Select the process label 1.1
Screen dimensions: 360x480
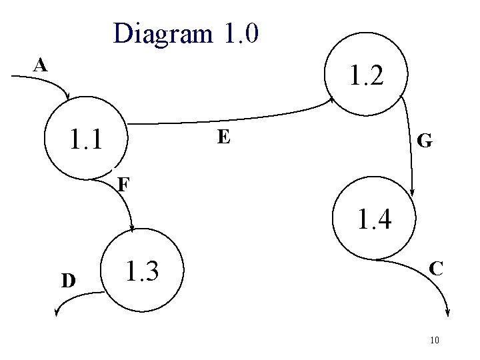coord(87,140)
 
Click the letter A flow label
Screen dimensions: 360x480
coord(41,65)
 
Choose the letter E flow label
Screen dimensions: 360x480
coord(224,137)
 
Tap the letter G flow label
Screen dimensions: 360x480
coord(424,141)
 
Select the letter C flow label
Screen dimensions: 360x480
coord(437,269)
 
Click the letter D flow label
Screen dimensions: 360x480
coord(68,280)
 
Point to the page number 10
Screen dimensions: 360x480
coord(434,341)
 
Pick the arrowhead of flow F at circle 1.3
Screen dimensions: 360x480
coord(133,227)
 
